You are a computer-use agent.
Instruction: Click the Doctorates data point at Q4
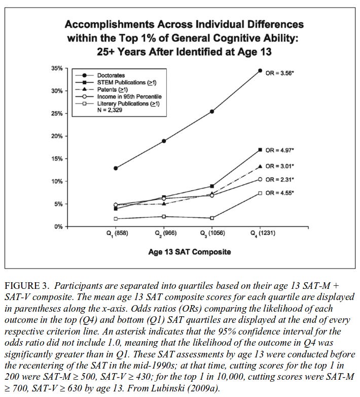click(x=260, y=71)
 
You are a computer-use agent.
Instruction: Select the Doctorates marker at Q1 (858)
click(x=117, y=168)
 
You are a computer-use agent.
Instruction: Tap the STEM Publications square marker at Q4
click(x=260, y=150)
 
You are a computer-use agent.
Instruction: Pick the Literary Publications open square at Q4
click(x=260, y=193)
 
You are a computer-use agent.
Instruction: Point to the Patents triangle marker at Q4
click(x=260, y=166)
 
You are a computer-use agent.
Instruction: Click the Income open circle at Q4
click(x=260, y=179)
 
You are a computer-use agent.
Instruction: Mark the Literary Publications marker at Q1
click(x=117, y=219)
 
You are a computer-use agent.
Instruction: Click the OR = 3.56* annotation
click(x=280, y=73)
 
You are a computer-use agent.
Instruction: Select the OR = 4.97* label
click(x=280, y=150)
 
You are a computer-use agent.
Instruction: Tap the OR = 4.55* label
click(x=280, y=193)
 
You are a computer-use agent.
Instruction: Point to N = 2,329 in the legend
click(x=110, y=110)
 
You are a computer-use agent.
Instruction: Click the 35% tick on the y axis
click(x=56, y=69)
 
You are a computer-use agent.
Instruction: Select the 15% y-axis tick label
click(x=56, y=159)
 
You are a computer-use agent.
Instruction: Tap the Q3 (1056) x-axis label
click(x=212, y=234)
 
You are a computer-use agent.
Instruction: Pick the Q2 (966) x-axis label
click(x=164, y=234)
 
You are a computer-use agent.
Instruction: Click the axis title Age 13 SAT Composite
click(x=189, y=252)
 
